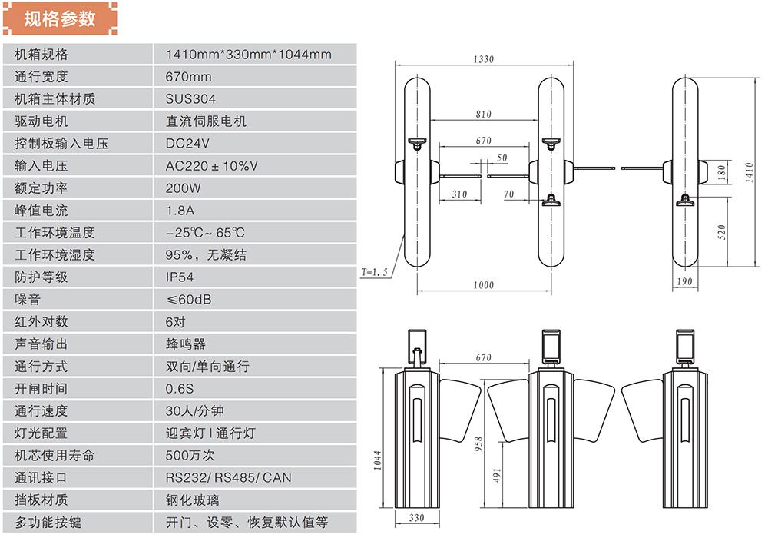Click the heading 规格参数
click(x=60, y=18)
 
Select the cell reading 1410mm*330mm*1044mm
click(x=249, y=55)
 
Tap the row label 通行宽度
click(x=41, y=77)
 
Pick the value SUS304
click(x=190, y=99)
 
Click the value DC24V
click(x=187, y=144)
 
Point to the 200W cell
click(x=183, y=188)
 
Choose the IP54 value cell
click(x=180, y=277)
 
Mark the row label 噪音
click(x=27, y=299)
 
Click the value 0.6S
click(x=180, y=389)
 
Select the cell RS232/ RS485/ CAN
click(x=228, y=478)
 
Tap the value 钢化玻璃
click(x=192, y=500)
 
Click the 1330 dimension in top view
click(x=483, y=59)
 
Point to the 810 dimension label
click(x=483, y=115)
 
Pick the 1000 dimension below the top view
click(x=483, y=285)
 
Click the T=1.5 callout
click(x=376, y=272)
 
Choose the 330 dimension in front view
click(x=416, y=518)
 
